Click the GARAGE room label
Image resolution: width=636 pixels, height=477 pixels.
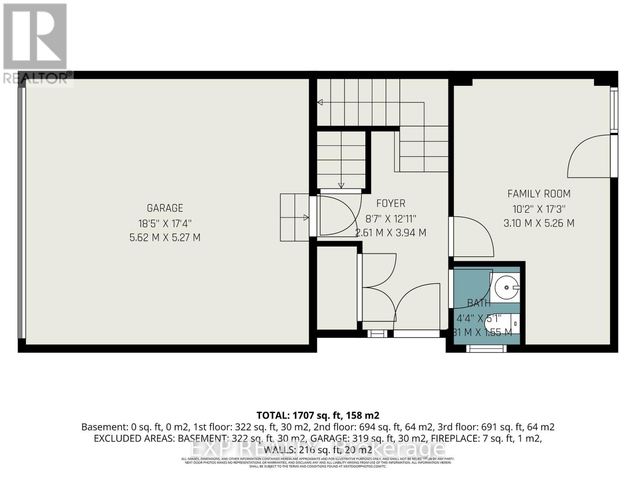[165, 208]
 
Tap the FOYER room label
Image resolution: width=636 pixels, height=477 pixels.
[391, 204]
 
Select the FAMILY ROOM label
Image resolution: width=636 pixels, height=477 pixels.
[539, 194]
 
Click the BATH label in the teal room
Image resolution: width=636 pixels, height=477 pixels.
[479, 303]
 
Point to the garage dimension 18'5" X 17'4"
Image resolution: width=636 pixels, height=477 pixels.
[165, 223]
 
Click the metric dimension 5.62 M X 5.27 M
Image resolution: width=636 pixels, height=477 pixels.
[165, 238]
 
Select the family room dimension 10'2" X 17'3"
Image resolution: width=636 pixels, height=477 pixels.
[539, 209]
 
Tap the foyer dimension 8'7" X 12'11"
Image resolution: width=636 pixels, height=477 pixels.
[391, 218]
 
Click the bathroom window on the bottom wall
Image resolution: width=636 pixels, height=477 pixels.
[486, 349]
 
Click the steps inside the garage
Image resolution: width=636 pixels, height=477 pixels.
[294, 217]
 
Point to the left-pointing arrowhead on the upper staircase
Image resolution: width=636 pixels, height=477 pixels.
[319, 103]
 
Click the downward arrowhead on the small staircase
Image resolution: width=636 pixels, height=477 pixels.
[341, 185]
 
